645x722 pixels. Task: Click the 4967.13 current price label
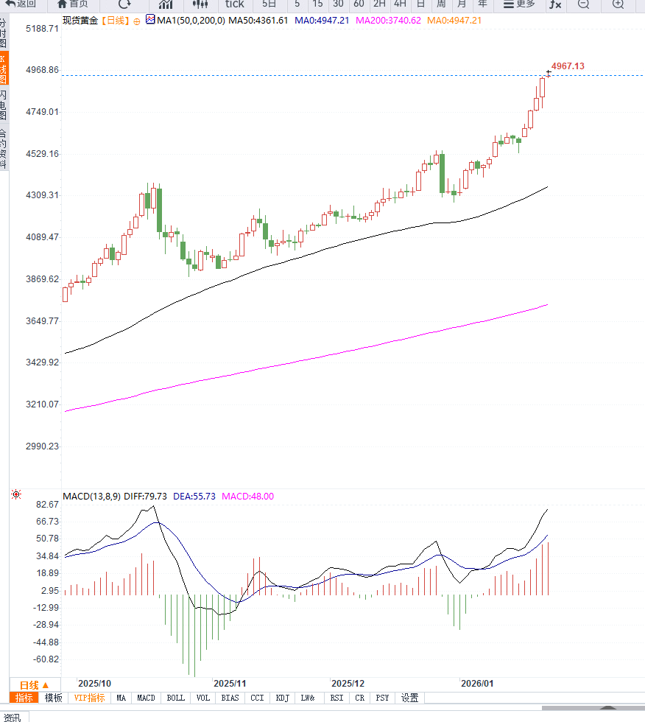click(568, 66)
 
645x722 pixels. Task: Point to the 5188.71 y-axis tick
click(42, 29)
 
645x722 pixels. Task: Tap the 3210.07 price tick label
click(42, 404)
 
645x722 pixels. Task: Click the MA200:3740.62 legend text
click(388, 20)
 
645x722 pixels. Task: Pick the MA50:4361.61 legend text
click(258, 20)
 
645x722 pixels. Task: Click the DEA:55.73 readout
click(194, 497)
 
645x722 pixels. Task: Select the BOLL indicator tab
click(175, 698)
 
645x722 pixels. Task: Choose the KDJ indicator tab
click(282, 698)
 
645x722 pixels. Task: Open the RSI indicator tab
click(336, 698)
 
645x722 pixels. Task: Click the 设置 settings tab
click(409, 698)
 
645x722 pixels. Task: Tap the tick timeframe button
click(234, 4)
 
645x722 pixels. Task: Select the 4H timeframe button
click(400, 4)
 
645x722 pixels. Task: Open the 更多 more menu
click(519, 4)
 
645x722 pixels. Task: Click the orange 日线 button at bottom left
click(35, 684)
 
